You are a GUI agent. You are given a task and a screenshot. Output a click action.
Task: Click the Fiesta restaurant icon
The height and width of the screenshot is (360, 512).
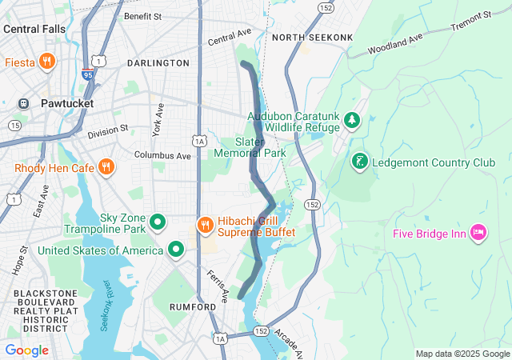tap(47, 61)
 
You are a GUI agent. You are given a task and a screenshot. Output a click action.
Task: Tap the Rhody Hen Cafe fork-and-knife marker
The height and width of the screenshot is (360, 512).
tap(106, 167)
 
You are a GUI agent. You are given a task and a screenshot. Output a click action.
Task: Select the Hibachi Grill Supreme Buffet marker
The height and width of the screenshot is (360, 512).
tap(205, 224)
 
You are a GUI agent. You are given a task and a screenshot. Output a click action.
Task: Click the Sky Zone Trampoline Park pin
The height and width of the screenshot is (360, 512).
tap(158, 222)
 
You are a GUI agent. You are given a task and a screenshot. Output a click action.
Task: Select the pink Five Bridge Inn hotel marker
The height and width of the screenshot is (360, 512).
tap(478, 233)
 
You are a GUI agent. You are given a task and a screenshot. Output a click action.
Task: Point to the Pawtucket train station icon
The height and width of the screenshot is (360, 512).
tap(24, 104)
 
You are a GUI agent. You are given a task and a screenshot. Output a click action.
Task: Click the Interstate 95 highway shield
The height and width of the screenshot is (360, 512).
tap(86, 74)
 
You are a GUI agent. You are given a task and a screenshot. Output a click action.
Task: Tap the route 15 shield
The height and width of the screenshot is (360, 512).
tap(14, 126)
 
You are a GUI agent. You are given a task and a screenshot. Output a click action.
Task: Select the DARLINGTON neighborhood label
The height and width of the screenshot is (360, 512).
tap(158, 62)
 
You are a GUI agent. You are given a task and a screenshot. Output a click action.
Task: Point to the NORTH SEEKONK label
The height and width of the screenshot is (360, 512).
tap(302, 38)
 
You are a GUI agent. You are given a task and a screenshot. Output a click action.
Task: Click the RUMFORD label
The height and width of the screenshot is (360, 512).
tap(192, 306)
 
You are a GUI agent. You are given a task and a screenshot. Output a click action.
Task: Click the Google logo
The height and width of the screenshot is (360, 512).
tap(26, 350)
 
